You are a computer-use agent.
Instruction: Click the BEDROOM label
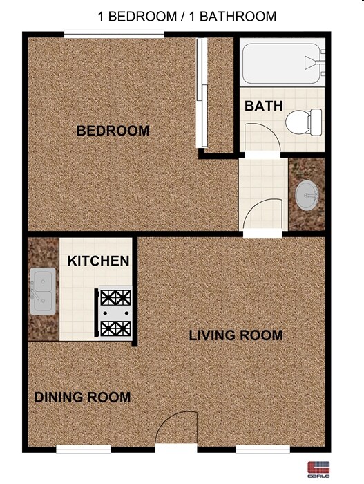113,131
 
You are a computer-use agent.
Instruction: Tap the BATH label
264,106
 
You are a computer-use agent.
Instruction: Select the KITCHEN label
99,261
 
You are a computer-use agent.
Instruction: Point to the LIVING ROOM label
236,336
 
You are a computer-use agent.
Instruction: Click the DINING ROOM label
82,398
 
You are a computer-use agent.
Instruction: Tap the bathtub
282,64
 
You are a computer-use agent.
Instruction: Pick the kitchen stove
115,313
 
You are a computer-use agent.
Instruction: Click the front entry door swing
178,429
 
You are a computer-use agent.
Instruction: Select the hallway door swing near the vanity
263,213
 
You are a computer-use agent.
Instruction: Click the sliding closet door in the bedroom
201,93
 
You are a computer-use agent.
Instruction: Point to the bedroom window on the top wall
114,34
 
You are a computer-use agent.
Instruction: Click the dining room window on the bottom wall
83,450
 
